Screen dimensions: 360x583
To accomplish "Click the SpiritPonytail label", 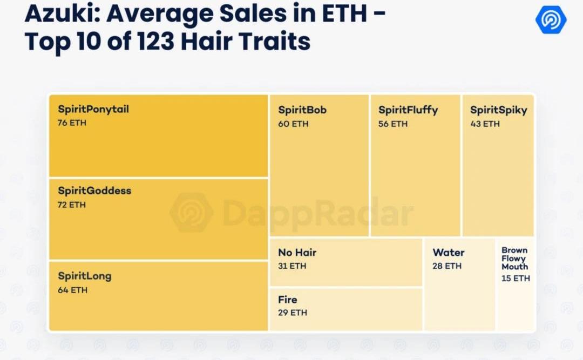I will click(93, 110).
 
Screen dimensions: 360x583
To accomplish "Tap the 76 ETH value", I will click(72, 123).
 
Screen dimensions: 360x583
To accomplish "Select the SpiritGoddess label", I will click(94, 191).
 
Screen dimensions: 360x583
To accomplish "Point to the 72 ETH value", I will click(72, 205).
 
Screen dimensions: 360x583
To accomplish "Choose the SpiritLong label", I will click(85, 276).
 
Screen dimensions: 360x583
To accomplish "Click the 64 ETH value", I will click(72, 290).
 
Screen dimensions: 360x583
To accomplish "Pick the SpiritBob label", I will click(302, 110).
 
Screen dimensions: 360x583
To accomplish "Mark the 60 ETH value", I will click(293, 124).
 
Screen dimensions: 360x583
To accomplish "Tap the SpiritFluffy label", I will click(408, 110).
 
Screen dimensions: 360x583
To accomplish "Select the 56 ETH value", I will click(393, 124).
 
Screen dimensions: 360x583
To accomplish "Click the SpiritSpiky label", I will click(498, 110).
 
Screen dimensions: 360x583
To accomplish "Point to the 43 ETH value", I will click(485, 124).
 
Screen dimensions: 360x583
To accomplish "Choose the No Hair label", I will click(297, 253).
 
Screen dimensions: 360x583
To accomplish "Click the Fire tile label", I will click(288, 300).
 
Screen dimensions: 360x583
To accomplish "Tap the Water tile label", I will click(449, 253).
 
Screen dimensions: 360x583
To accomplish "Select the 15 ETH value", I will click(516, 279).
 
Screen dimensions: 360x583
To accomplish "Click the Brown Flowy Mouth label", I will click(514, 259).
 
